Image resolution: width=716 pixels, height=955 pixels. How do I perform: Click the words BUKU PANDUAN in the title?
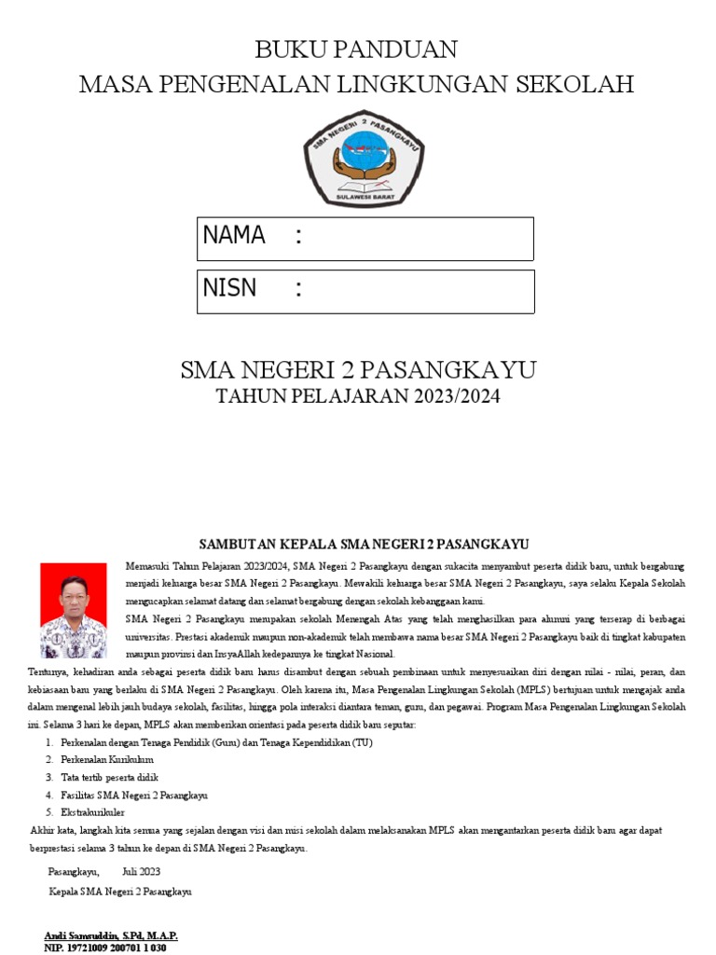tap(356, 49)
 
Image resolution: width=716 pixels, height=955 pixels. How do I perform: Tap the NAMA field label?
tap(234, 235)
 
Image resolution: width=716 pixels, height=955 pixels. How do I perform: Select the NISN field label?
tap(229, 288)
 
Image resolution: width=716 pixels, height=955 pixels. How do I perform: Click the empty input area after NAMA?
tap(420, 238)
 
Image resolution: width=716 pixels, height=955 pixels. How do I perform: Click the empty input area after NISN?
tap(420, 291)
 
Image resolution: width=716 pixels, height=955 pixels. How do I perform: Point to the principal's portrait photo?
tap(74, 611)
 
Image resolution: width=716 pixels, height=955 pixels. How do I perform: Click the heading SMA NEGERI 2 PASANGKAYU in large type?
tap(358, 370)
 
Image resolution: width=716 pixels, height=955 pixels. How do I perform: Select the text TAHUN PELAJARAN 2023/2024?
tap(358, 396)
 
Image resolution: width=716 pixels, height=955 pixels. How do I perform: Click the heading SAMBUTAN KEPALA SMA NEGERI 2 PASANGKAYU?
tap(365, 544)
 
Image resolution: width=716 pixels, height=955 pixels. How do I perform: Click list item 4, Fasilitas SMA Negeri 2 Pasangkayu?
tap(133, 796)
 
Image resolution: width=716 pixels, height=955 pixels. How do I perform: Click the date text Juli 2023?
tap(141, 872)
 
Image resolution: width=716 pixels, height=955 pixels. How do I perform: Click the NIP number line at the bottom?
tap(104, 948)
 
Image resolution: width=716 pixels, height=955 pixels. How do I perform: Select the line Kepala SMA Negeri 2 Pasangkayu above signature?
tap(119, 892)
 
